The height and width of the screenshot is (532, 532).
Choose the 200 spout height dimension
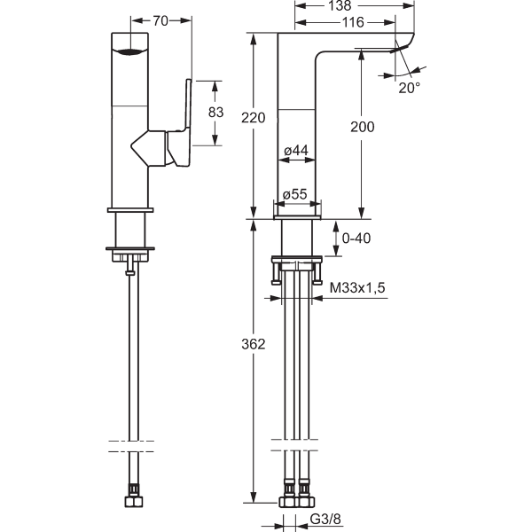[x=363, y=127]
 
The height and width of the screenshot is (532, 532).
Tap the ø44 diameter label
[x=295, y=152]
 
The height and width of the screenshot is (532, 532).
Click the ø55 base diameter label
[x=295, y=195]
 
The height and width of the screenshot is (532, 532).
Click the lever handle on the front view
[x=188, y=115]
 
